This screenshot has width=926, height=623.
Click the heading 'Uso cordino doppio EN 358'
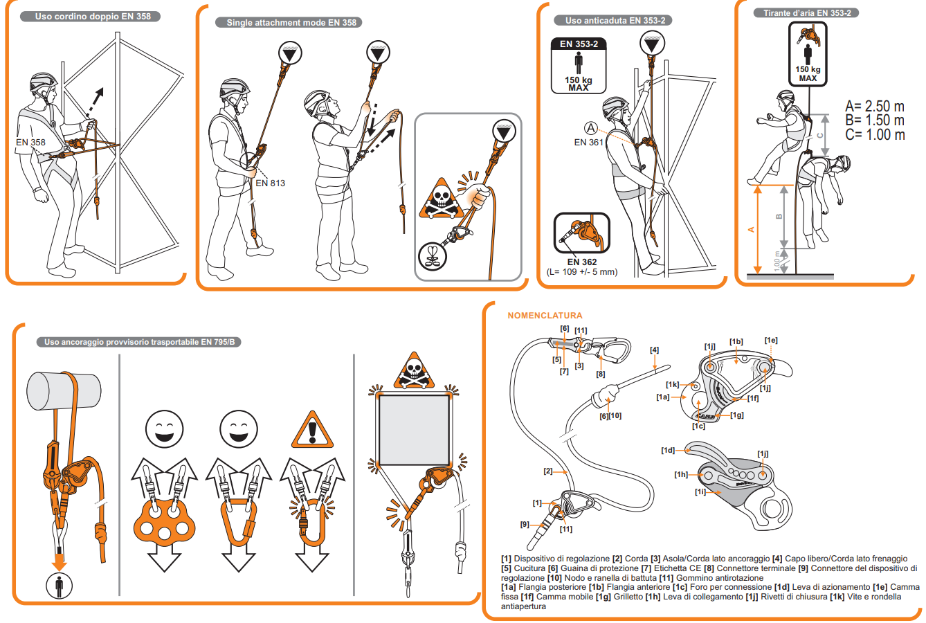[93, 16]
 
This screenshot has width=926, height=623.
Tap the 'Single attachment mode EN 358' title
[291, 22]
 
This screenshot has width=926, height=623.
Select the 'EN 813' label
[270, 183]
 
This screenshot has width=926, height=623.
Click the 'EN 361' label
[588, 142]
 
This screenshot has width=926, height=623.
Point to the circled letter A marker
[590, 128]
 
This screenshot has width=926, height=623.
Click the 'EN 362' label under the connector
[581, 262]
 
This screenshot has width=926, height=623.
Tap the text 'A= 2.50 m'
[874, 106]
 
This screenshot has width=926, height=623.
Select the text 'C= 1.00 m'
[874, 135]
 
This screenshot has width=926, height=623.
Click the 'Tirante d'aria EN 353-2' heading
[807, 12]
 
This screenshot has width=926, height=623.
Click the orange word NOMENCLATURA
[545, 316]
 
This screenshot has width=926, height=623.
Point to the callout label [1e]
[771, 341]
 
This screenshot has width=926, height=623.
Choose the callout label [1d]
[668, 450]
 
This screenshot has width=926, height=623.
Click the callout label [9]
[525, 524]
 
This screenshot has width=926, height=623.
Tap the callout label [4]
[654, 350]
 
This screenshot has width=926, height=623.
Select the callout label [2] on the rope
[548, 471]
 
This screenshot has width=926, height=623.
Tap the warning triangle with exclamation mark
[313, 431]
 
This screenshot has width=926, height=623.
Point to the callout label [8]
[601, 374]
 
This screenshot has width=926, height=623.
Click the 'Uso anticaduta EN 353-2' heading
[615, 21]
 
